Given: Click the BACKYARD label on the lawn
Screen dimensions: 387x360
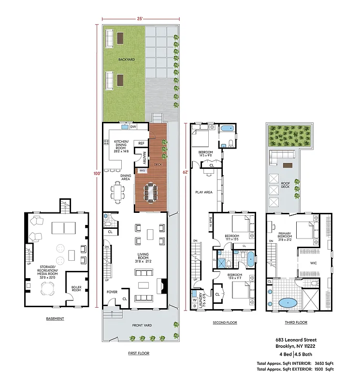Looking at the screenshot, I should click(127, 59).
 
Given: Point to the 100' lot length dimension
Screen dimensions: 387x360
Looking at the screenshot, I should click(97, 173).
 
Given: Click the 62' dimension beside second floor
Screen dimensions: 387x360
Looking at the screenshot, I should click(186, 171).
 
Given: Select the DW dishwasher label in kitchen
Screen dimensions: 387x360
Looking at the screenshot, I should click(132, 127).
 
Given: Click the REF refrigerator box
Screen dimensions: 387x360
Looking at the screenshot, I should click(141, 143).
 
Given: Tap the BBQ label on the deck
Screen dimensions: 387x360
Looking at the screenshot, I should click(142, 170).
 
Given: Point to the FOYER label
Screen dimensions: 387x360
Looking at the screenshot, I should click(112, 292).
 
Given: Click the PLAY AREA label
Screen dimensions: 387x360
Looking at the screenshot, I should click(203, 192).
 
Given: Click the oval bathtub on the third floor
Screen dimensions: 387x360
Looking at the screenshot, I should click(288, 302).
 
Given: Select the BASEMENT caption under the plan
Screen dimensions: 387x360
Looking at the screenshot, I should click(55, 319).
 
